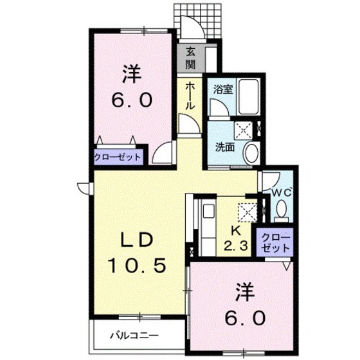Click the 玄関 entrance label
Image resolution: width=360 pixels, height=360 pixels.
pos(191,57)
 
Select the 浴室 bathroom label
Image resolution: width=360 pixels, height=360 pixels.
pos(223,89)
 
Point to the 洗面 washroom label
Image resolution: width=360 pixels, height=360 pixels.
pos(224,147)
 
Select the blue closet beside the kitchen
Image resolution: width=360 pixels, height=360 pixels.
pos(275,242)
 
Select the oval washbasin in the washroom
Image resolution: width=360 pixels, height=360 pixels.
pos(252,152)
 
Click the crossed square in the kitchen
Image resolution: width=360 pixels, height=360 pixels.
pos(246,211)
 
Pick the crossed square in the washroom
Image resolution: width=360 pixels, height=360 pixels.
pos(244,129)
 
